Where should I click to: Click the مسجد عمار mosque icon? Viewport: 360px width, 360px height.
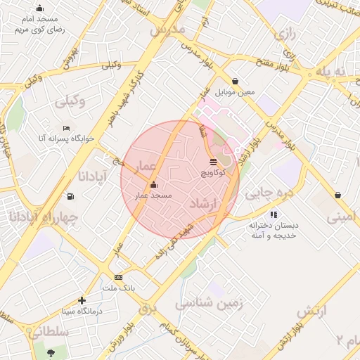154,185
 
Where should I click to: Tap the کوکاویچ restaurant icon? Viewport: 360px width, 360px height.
213,162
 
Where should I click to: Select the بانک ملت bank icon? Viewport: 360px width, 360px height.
118,278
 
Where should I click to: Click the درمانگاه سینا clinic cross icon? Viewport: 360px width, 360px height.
83,300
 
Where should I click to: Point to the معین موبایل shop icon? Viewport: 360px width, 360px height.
234,81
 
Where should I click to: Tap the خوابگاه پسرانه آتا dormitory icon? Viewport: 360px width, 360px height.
66,128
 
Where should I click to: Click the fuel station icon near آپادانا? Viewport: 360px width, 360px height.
70,196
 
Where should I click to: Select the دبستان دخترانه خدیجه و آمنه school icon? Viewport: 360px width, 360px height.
274,214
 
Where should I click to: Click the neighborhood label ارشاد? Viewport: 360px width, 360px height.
205,203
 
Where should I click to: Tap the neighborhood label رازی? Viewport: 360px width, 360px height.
284,33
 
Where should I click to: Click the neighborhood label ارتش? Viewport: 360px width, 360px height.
314,310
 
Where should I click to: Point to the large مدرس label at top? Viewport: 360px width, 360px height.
167,30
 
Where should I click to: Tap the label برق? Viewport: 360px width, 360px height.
146,307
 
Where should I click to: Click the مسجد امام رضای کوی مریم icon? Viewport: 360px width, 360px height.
39,8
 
